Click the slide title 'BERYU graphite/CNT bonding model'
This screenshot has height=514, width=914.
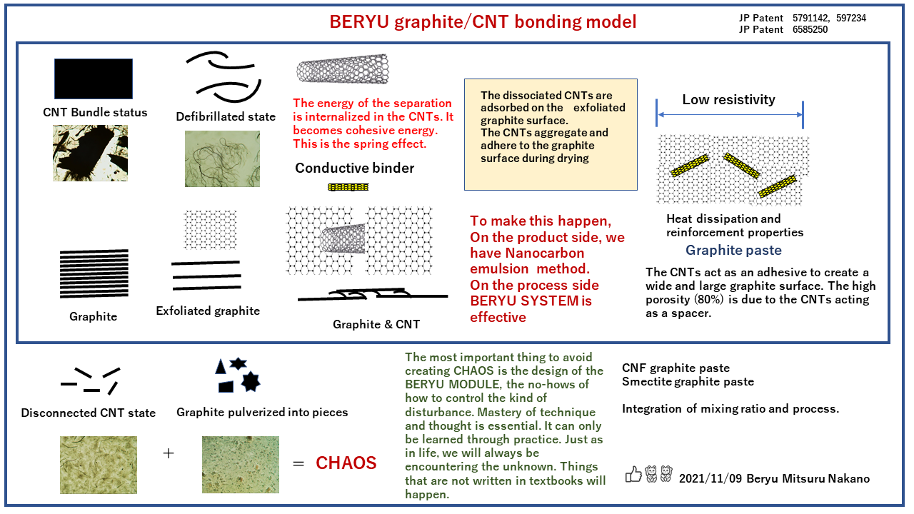point(483,22)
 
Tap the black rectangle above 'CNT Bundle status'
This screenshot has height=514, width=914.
point(94,79)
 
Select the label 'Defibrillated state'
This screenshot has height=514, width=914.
point(226,116)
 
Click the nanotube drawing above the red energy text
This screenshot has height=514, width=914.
point(343,70)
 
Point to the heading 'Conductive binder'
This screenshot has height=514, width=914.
point(354,168)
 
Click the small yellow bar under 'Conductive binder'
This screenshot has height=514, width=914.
point(348,187)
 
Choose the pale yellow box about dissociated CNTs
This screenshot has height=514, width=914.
point(550,134)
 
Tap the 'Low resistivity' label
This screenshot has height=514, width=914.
point(728,100)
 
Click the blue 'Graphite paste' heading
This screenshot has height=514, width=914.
point(733,251)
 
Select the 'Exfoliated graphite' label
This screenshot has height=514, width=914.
point(208,311)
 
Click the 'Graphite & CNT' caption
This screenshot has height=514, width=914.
point(376,324)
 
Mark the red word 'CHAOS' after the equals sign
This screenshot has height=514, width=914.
point(346,463)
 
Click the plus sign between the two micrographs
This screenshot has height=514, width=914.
point(169,453)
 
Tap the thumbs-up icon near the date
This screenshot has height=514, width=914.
point(633,474)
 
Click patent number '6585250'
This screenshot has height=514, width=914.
point(810,30)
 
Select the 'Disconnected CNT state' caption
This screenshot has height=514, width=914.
point(89,413)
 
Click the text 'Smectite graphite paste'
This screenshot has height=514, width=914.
point(688,382)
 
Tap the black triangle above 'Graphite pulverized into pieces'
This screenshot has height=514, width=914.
point(221,366)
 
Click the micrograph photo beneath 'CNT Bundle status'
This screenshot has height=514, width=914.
point(90,153)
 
